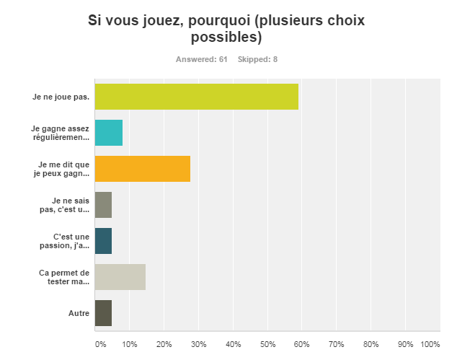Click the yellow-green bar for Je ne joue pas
(x=196, y=97)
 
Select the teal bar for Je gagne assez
(x=109, y=133)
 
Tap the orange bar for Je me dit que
(x=143, y=169)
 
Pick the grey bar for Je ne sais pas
(x=103, y=205)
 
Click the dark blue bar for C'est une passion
(x=103, y=241)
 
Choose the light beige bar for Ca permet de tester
(x=120, y=277)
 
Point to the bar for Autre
(x=103, y=313)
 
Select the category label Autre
(x=79, y=313)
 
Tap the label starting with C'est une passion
(x=71, y=241)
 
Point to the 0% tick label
(x=100, y=343)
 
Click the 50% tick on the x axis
(x=267, y=343)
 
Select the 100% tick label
(x=430, y=343)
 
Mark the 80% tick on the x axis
(x=371, y=343)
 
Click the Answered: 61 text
(x=201, y=59)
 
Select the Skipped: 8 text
(x=257, y=59)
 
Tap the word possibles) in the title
(x=226, y=37)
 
